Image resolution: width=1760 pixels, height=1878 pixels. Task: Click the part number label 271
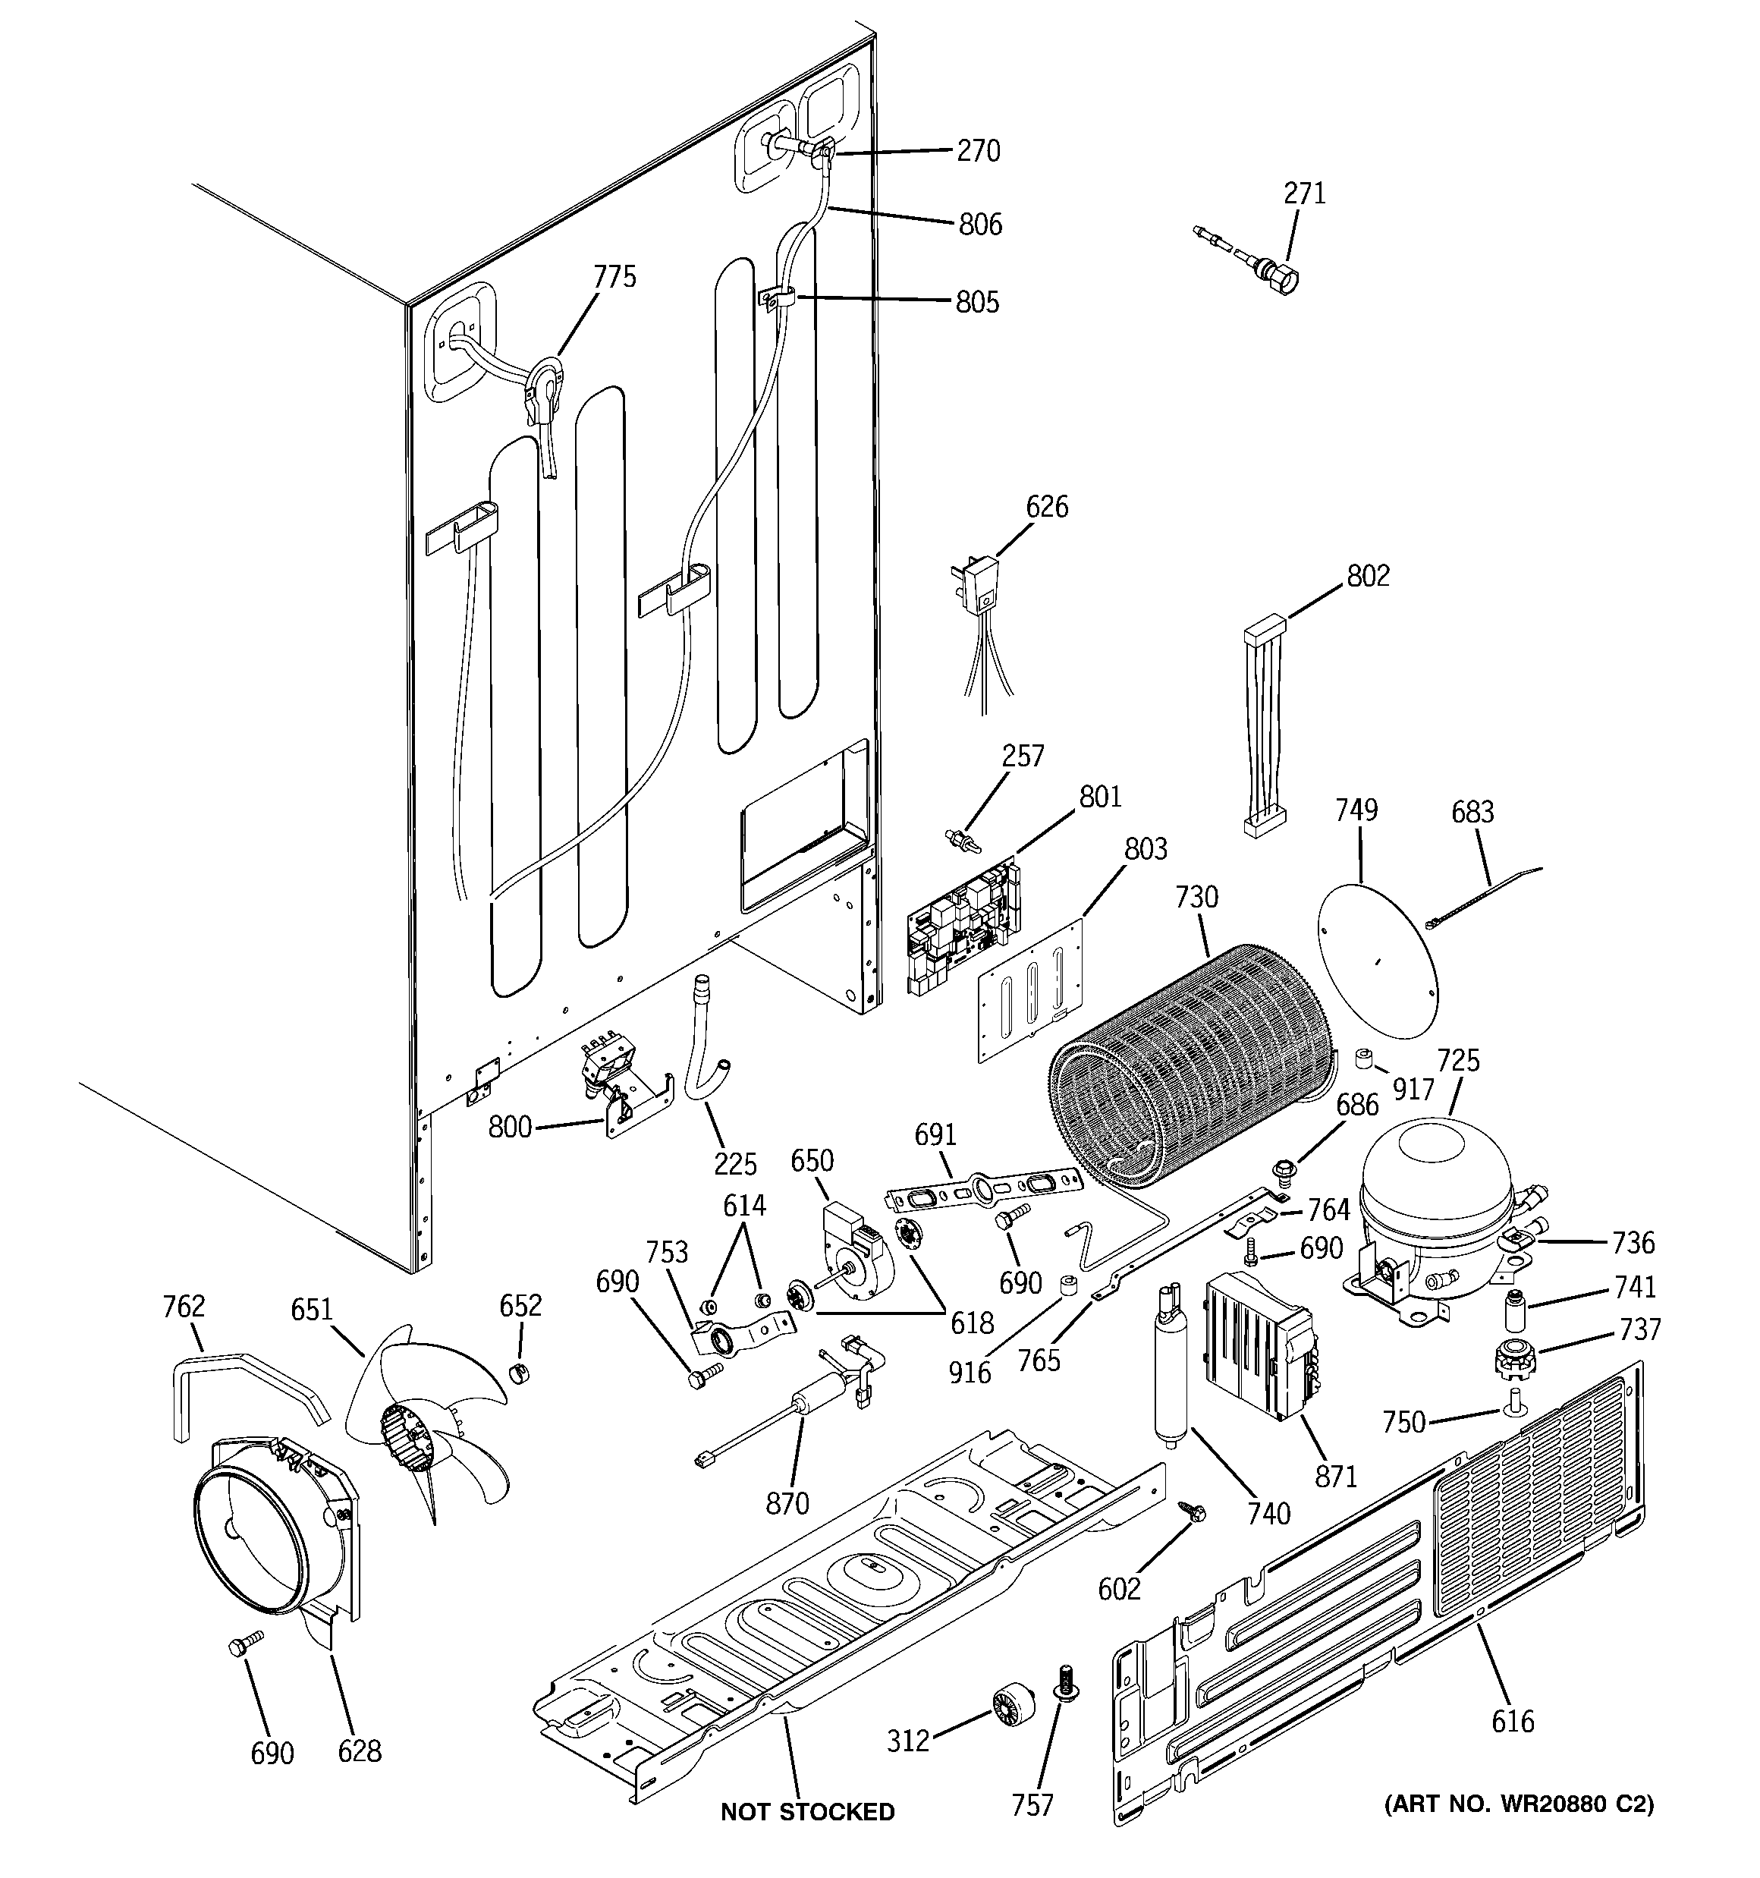coord(1304,193)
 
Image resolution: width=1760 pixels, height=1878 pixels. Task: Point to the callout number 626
coord(1047,508)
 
